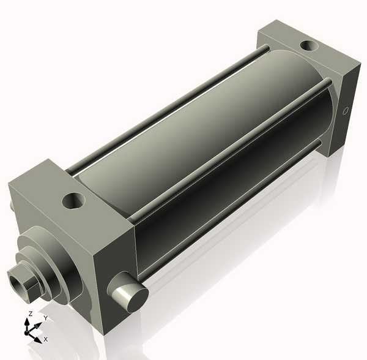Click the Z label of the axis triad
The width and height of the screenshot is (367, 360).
pyautogui.click(x=30, y=314)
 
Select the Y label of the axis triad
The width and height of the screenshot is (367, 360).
pyautogui.click(x=45, y=318)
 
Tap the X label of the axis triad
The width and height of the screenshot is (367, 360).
pyautogui.click(x=46, y=339)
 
